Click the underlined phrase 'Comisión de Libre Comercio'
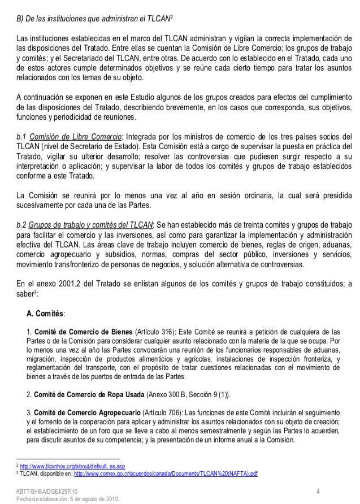pos(75,137)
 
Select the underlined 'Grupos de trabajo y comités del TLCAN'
pos(90,225)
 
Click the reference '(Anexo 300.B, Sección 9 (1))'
pos(189,394)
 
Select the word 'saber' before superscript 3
pos(25,294)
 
